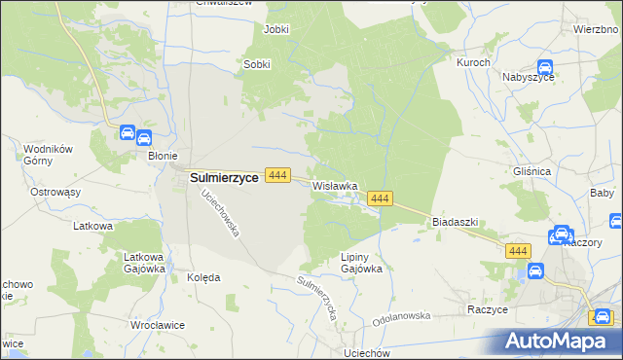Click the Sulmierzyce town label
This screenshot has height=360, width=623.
pyautogui.click(x=223, y=177)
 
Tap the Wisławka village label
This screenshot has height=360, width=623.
pyautogui.click(x=336, y=185)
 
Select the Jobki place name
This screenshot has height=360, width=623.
pyautogui.click(x=276, y=29)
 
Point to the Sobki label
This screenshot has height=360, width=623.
pyautogui.click(x=256, y=64)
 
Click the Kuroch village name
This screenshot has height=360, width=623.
pyautogui.click(x=472, y=61)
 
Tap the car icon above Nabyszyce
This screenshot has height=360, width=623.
pyautogui.click(x=545, y=67)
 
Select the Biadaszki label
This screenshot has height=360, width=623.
pyautogui.click(x=455, y=221)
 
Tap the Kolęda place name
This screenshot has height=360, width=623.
pyautogui.click(x=202, y=276)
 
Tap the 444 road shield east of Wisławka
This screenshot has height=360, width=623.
pyautogui.click(x=380, y=198)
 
